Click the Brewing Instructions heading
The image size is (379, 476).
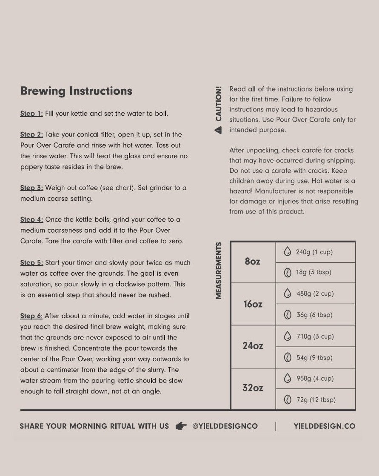(x=77, y=91)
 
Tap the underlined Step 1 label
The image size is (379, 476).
(x=31, y=114)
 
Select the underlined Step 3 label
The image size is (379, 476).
(x=31, y=188)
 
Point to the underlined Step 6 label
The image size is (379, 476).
(x=31, y=316)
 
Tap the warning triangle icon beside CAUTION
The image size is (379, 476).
(x=219, y=130)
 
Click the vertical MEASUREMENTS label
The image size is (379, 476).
(x=219, y=271)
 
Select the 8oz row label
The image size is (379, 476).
(x=253, y=262)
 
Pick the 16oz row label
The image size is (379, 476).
(x=253, y=304)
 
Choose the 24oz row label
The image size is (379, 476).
(x=253, y=346)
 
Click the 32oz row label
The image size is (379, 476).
(x=253, y=388)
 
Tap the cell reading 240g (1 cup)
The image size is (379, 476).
(x=314, y=252)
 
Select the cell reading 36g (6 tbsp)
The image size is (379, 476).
(x=314, y=315)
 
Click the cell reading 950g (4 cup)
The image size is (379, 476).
(x=315, y=378)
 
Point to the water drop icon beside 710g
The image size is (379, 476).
(x=288, y=336)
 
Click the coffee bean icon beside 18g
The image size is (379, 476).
(x=288, y=272)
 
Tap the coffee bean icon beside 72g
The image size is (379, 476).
(x=288, y=399)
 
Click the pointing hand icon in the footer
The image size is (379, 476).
(x=181, y=426)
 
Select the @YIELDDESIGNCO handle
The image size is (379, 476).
(x=225, y=426)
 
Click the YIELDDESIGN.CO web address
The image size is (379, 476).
(x=324, y=426)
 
